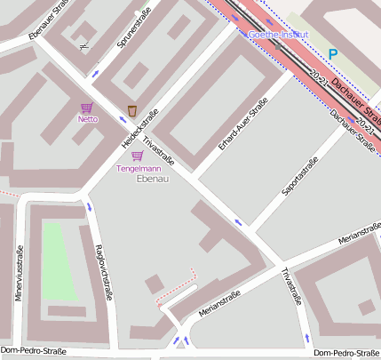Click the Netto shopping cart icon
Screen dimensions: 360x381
pos(87,108)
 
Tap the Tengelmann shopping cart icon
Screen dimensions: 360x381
pos(137,156)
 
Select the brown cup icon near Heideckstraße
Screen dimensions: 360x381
pos(132,110)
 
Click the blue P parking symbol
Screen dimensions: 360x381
pos(333,54)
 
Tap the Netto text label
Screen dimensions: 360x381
pos(87,119)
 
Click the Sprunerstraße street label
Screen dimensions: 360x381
pos(133,28)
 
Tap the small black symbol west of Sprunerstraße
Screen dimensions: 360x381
pos(83,38)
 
